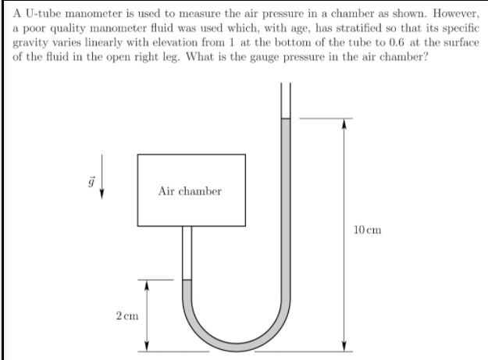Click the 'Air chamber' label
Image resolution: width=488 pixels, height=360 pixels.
click(x=190, y=191)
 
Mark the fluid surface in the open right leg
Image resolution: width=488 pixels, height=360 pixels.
click(x=286, y=119)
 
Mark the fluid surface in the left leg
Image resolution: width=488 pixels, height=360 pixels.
click(x=187, y=280)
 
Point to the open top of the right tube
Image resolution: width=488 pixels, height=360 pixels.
click(x=286, y=84)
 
